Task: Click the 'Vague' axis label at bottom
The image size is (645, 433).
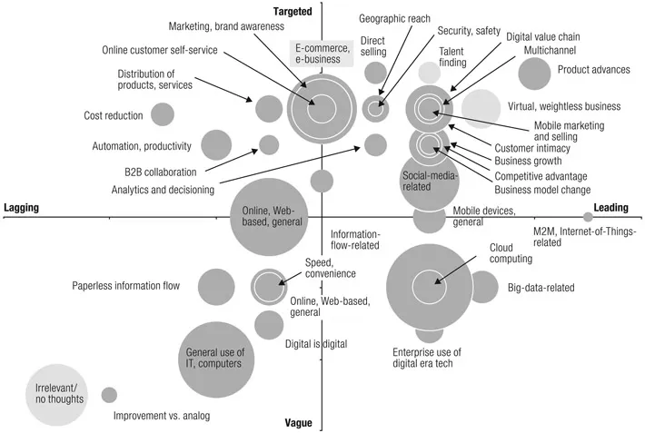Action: [x=298, y=423]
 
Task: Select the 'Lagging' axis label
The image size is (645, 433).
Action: [x=21, y=208]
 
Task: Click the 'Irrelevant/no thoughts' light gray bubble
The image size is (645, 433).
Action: [x=54, y=393]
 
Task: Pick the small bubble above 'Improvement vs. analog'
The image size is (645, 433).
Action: [x=109, y=395]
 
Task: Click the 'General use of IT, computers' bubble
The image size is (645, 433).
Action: [x=213, y=357]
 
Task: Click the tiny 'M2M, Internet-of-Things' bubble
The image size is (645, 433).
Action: [x=588, y=216]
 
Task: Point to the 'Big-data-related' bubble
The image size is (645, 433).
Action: [x=482, y=287]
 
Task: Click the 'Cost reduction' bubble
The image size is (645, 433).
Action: [x=162, y=114]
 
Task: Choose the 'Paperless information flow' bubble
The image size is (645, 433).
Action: [x=216, y=286]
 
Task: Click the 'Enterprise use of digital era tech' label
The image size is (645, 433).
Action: [x=426, y=359]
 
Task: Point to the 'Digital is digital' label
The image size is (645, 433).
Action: [x=316, y=344]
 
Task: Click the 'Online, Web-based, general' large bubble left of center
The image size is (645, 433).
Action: [x=267, y=218]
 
